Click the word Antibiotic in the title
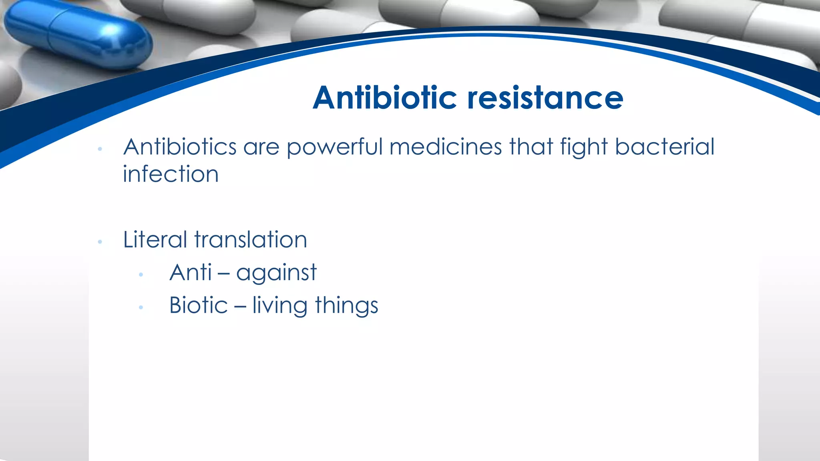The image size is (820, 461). tap(384, 98)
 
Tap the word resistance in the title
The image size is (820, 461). tap(545, 98)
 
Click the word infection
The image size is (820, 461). tap(171, 174)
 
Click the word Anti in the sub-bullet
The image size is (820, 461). tap(190, 273)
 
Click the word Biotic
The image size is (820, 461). tap(198, 305)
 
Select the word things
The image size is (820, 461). tap(346, 306)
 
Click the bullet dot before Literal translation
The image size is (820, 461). tap(100, 242)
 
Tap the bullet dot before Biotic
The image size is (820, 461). tap(141, 307)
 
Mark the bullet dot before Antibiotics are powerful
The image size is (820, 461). tap(100, 149)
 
